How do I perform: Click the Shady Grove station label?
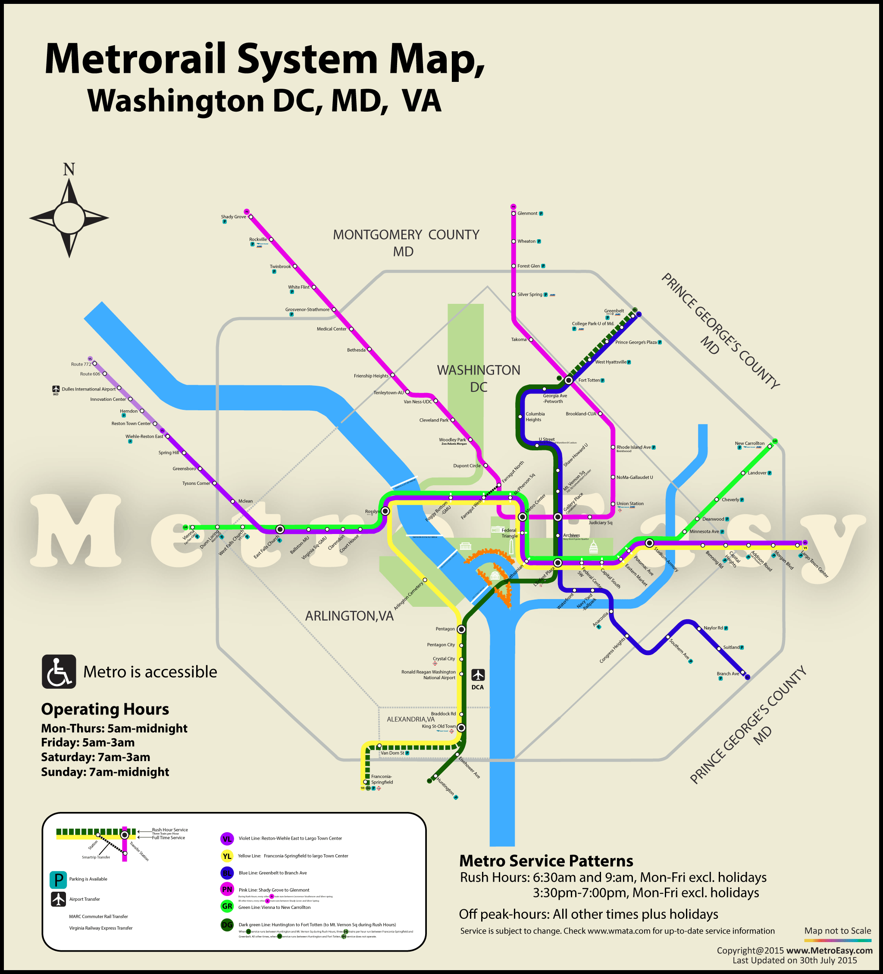233,217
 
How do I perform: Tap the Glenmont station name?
527,213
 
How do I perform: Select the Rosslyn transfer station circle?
385,511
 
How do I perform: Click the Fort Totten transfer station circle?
569,380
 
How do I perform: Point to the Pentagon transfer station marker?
461,629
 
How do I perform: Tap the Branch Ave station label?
728,674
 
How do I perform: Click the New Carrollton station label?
750,443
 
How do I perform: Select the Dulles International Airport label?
88,389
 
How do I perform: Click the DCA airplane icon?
478,674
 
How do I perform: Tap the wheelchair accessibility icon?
59,671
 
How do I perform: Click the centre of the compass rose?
69,218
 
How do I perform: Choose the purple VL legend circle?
227,839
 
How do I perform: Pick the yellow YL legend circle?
227,856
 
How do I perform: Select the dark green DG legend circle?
227,925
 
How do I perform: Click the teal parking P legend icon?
59,880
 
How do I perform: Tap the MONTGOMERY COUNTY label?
406,235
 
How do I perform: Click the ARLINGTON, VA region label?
349,616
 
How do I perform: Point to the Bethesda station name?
356,350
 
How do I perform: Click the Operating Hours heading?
105,709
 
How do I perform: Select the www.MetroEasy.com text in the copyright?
830,950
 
